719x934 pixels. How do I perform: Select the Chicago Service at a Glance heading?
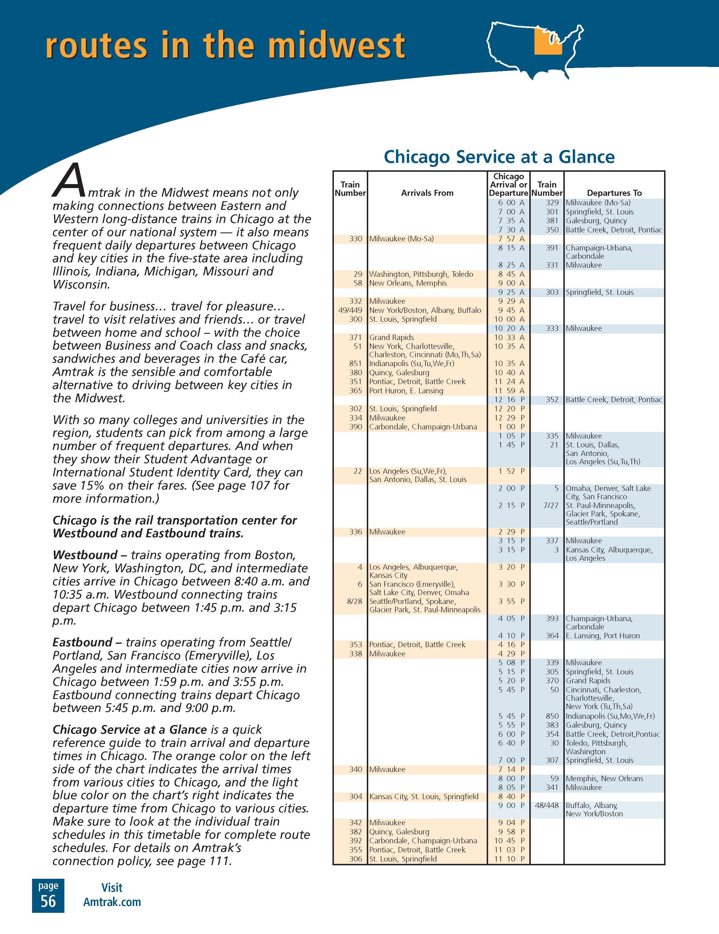coord(499,157)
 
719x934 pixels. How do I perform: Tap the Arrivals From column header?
coord(427,193)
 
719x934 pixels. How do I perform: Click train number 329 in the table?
coord(552,203)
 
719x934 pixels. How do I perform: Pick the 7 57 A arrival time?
coord(510,239)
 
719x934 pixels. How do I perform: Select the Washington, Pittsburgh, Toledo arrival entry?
coord(421,274)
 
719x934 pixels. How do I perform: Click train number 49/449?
coord(350,310)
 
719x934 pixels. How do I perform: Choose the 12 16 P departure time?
coord(510,399)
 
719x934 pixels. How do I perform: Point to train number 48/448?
coord(547,805)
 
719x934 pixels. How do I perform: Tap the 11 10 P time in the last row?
coord(510,859)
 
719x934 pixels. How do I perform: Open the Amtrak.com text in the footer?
coord(112,902)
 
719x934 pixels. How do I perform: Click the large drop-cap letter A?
coord(68,180)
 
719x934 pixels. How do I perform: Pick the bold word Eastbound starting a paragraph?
coord(82,642)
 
